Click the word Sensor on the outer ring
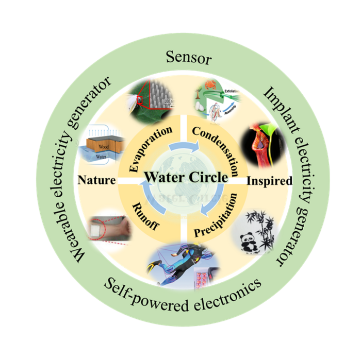click(189, 58)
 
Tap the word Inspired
click(268, 181)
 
